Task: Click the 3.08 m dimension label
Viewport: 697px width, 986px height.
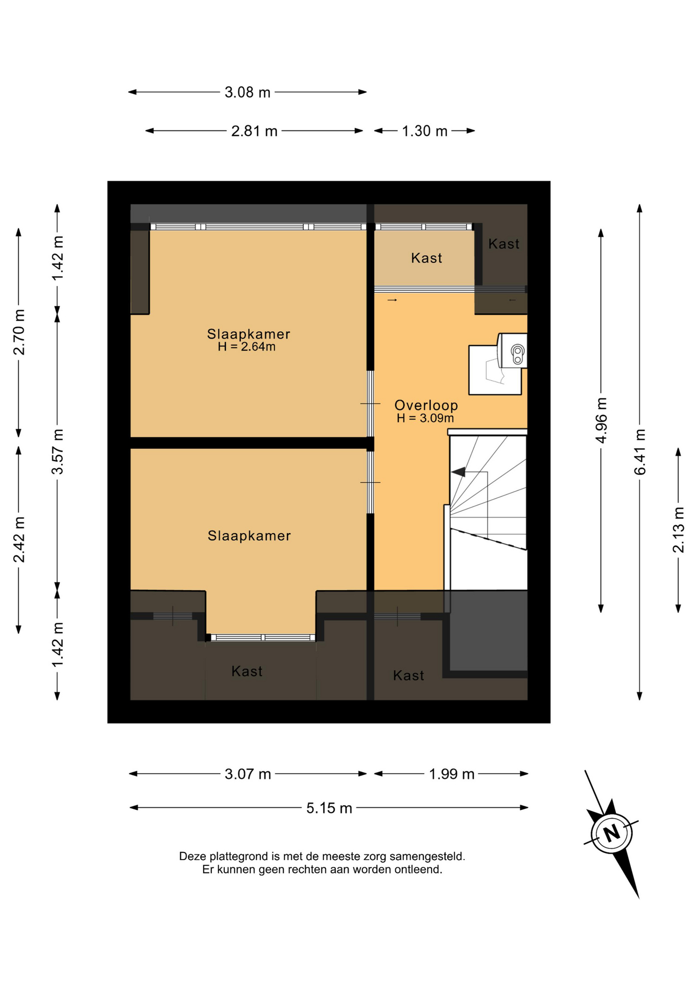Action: point(247,92)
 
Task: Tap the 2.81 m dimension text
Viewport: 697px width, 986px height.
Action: point(254,131)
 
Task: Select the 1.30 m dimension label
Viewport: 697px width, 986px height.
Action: point(424,131)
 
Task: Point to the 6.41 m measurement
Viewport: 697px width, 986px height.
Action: point(640,452)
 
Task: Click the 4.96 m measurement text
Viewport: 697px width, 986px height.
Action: point(601,420)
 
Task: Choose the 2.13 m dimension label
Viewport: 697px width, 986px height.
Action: point(678,529)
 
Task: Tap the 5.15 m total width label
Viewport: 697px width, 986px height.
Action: point(329,808)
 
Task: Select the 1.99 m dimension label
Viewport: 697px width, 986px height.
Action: point(452,774)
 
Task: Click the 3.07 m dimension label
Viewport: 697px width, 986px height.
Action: point(247,774)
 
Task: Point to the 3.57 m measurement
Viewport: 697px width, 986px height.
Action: point(57,452)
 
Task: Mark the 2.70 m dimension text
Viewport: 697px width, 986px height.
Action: point(19,332)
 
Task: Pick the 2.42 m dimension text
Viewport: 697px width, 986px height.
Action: point(19,540)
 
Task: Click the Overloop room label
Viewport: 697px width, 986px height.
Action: point(426,405)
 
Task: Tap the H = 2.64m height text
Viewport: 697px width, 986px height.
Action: point(246,347)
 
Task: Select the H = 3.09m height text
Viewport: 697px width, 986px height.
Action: point(425,418)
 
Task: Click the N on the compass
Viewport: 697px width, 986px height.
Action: point(611,833)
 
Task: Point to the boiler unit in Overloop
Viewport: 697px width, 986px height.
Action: point(512,351)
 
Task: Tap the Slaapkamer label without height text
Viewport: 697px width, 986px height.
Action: point(249,536)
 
